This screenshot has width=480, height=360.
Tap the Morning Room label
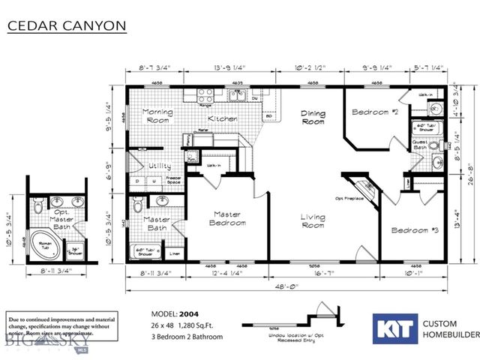pyautogui.click(x=158, y=116)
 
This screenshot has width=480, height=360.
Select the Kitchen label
pyautogui.click(x=222, y=119)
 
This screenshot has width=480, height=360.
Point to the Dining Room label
pyautogui.click(x=313, y=118)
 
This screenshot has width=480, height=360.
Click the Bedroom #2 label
pyautogui.click(x=375, y=112)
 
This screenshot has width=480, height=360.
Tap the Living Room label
pyautogui.click(x=313, y=220)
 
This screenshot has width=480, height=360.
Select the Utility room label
pyautogui.click(x=160, y=166)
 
